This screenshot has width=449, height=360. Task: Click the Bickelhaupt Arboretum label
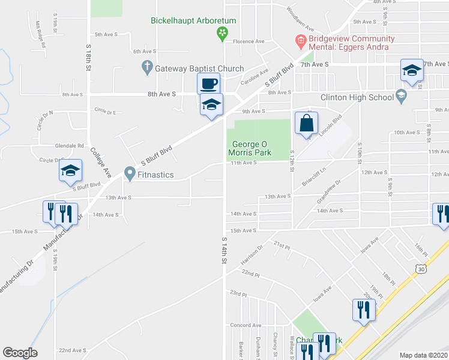(x=193, y=20)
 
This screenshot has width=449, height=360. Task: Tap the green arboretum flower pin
(x=222, y=32)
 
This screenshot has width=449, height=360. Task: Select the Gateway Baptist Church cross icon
(x=147, y=68)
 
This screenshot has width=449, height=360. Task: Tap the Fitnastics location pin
(x=130, y=174)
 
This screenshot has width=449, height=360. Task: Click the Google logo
(x=20, y=353)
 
